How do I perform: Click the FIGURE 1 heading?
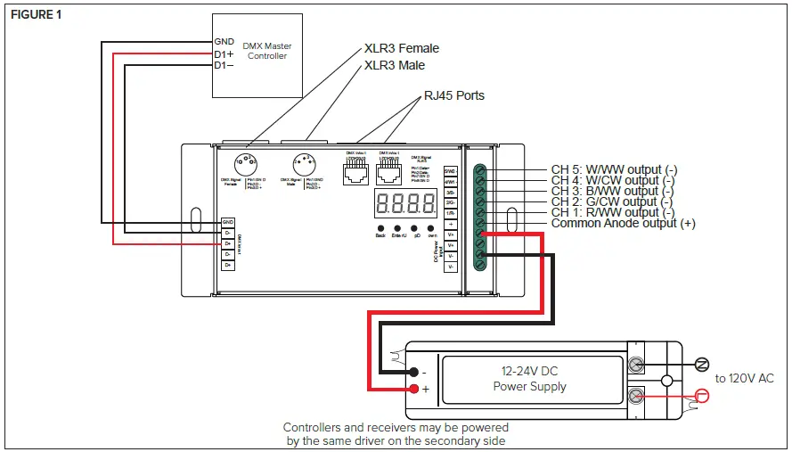pyautogui.click(x=37, y=15)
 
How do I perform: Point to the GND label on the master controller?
pyautogui.click(x=224, y=42)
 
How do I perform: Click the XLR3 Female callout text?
pyautogui.click(x=401, y=48)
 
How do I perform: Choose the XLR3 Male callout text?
pyautogui.click(x=395, y=65)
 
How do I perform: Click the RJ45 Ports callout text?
pyautogui.click(x=453, y=95)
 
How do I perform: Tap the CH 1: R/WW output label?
pyautogui.click(x=612, y=212)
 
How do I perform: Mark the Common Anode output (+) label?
pyautogui.click(x=623, y=224)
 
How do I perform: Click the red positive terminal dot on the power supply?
pyautogui.click(x=414, y=389)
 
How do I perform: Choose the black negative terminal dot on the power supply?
pyautogui.click(x=414, y=371)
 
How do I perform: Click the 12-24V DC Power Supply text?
pyautogui.click(x=529, y=379)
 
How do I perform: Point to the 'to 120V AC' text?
pyautogui.click(x=744, y=379)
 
